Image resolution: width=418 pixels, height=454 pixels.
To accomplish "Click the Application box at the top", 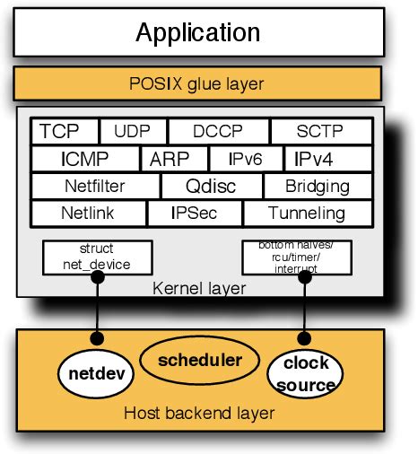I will pos(197,32).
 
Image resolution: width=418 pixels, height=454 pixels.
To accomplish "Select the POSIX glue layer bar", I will pos(197,84).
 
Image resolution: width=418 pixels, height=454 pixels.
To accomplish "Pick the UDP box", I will pos(133,132).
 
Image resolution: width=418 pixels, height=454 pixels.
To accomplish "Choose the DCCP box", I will pos(218,132).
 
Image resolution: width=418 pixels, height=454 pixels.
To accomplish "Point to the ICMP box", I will pos(85,160).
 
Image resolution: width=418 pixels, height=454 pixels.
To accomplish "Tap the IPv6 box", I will pos(244,160).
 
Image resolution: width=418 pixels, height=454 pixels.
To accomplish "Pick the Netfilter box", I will pos(95,187).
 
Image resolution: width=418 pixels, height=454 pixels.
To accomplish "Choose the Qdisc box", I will pos(211,187).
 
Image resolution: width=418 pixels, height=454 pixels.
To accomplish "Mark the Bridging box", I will pos(318,187).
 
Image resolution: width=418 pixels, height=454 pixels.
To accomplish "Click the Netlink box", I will pos(88,214).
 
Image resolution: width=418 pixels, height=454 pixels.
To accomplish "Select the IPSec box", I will pos(194,214).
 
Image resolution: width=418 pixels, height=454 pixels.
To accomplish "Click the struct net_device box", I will pos(97,258).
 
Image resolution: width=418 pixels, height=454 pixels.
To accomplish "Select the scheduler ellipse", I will pos(200,360).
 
